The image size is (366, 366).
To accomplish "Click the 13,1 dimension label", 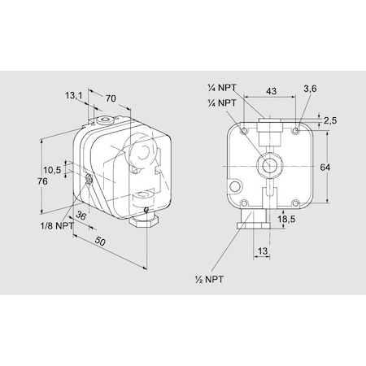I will (74, 96).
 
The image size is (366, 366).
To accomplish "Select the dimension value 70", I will (111, 98).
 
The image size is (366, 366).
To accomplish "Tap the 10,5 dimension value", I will (52, 170).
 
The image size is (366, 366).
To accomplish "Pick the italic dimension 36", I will (80, 216).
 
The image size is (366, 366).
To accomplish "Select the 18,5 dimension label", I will (285, 220).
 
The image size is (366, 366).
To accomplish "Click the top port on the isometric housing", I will (102, 121).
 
